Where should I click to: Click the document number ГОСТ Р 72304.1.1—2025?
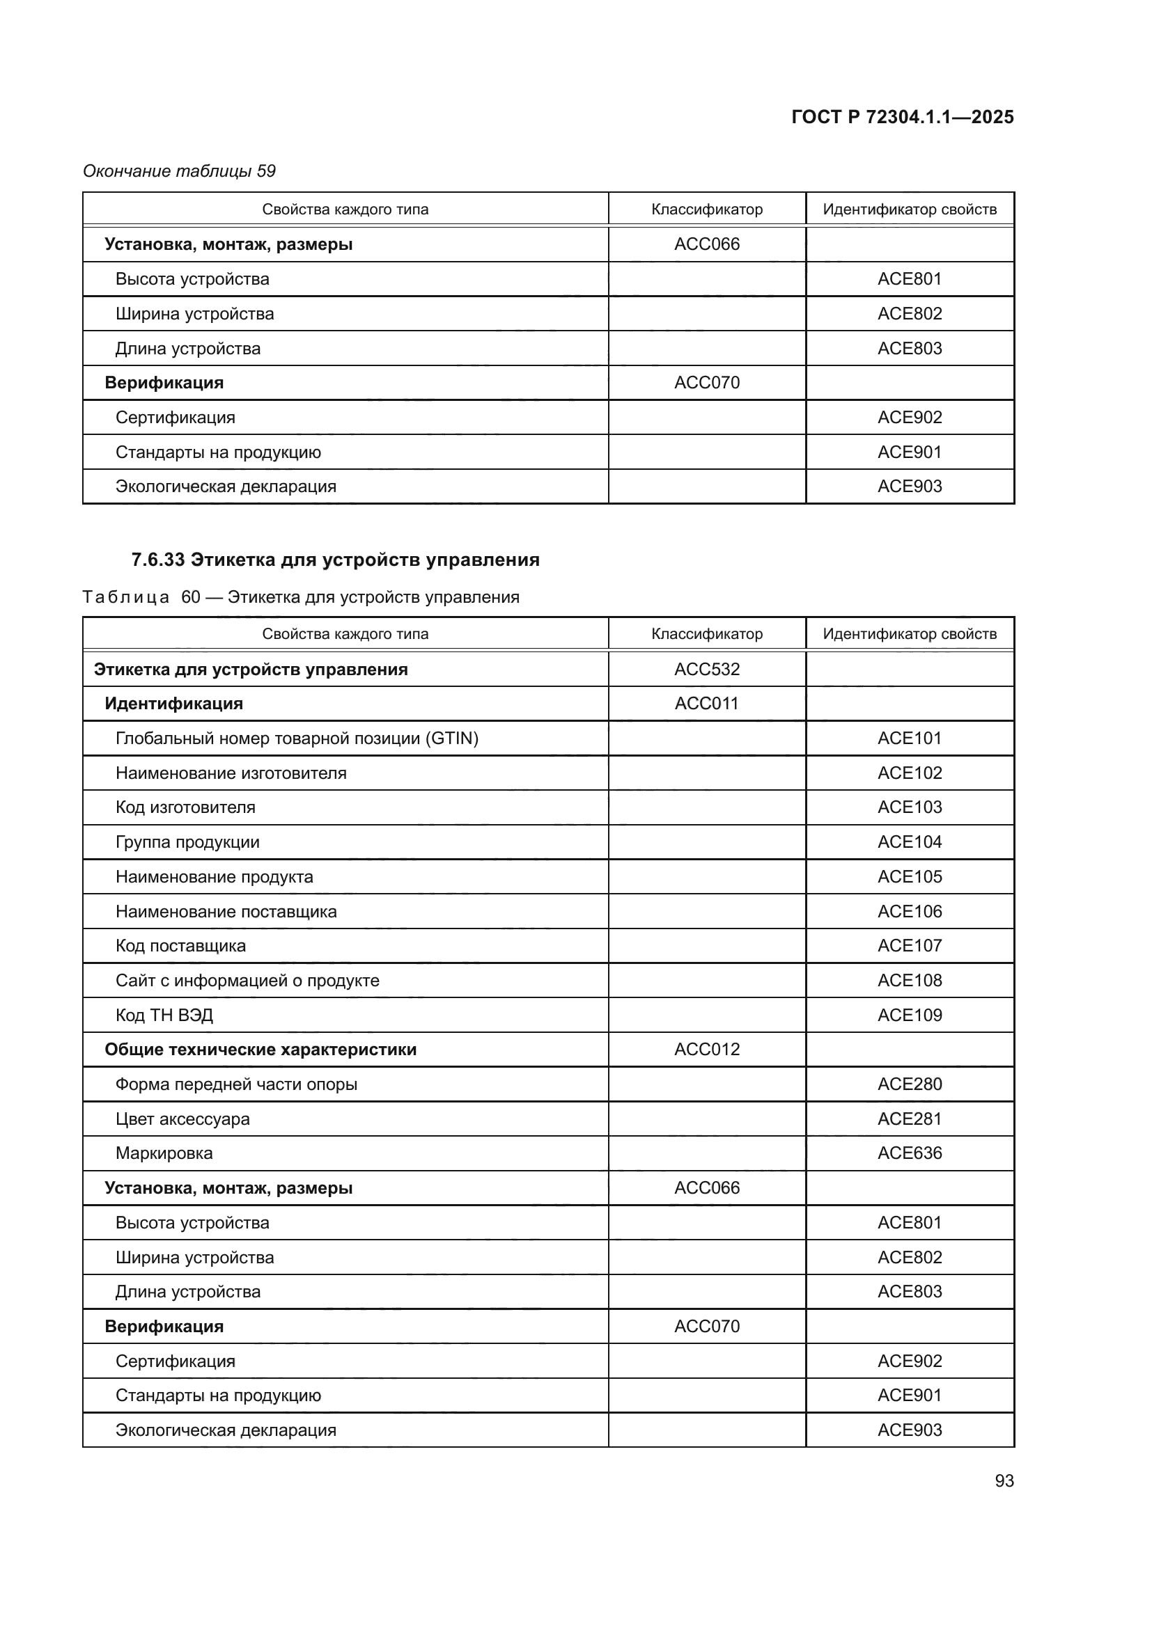tap(901, 117)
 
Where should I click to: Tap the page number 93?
tap(1004, 1480)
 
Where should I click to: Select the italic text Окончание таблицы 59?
tap(180, 171)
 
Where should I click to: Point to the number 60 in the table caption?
tap(191, 597)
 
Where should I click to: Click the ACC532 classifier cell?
tap(706, 670)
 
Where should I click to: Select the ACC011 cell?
tap(706, 704)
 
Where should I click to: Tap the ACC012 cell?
tap(706, 1050)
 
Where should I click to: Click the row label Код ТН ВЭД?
tap(164, 1015)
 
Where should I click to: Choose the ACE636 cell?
tap(910, 1153)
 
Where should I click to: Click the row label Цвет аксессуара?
tap(182, 1119)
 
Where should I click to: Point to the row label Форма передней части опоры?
tap(236, 1084)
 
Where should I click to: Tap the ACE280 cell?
tap(910, 1084)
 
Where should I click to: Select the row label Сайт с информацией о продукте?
tap(247, 981)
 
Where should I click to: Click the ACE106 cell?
tap(910, 911)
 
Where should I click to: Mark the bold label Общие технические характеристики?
tap(260, 1050)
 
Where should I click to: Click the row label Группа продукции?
tap(187, 842)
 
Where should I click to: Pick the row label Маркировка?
tap(164, 1153)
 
